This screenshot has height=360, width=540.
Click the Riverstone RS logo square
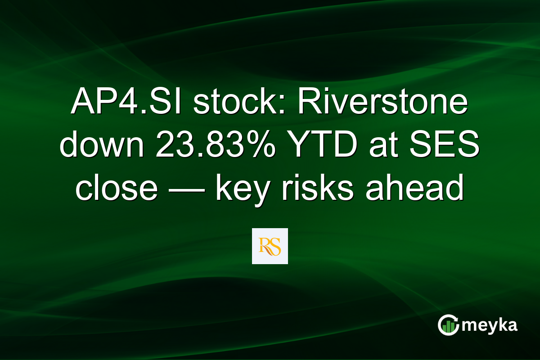point(270,246)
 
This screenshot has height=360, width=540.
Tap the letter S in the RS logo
point(275,247)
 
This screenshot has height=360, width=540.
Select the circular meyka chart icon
point(449,325)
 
